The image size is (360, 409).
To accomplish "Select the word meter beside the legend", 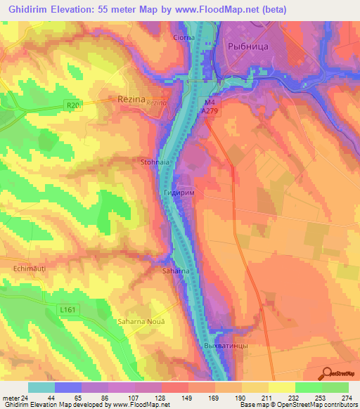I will pos(9,398).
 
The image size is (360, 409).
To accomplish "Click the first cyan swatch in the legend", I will pos(41,387).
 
